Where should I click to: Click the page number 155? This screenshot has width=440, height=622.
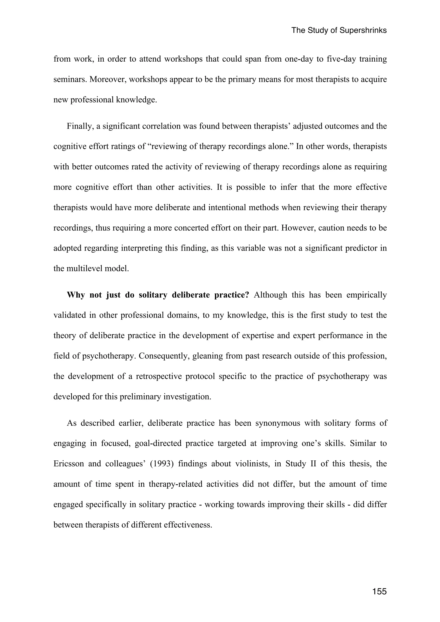coord(379,591)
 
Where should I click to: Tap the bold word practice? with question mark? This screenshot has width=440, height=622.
coord(231,295)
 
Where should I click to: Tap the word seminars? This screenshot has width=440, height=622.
coord(70,79)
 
